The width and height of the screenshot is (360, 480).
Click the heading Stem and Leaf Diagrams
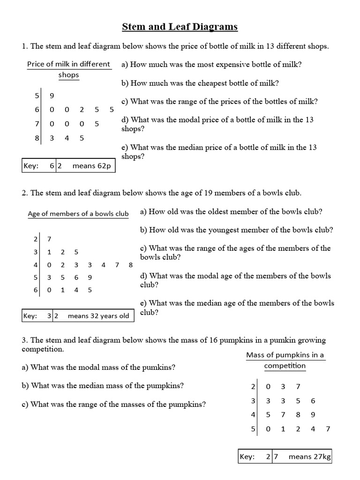pyautogui.click(x=180, y=27)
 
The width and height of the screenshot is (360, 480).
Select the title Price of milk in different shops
pyautogui.click(x=68, y=69)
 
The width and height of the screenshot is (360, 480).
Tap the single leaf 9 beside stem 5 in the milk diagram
pyautogui.click(x=52, y=96)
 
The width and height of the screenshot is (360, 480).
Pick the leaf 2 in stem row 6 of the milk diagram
pyautogui.click(x=82, y=110)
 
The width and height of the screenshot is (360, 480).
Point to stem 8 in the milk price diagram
pyautogui.click(x=37, y=138)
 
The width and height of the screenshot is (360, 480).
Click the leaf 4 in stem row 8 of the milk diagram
pyautogui.click(x=67, y=138)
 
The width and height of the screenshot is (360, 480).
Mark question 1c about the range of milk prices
pyautogui.click(x=219, y=101)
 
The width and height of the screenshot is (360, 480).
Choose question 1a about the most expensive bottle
pyautogui.click(x=211, y=65)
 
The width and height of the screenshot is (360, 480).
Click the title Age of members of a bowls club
pyautogui.click(x=78, y=214)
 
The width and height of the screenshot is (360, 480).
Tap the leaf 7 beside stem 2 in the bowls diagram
pyautogui.click(x=50, y=239)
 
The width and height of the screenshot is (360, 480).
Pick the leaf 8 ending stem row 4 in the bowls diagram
pyautogui.click(x=130, y=265)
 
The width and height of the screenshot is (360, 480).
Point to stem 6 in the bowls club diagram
pyautogui.click(x=36, y=290)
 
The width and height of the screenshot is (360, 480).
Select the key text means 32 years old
pyautogui.click(x=98, y=315)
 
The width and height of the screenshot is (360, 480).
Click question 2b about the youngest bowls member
pyautogui.click(x=237, y=230)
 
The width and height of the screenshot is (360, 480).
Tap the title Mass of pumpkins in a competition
pyautogui.click(x=285, y=360)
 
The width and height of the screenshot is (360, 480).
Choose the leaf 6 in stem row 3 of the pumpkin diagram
pyautogui.click(x=313, y=401)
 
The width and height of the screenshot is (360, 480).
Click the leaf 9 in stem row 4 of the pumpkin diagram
pyautogui.click(x=313, y=415)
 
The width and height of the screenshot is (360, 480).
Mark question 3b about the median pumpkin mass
pyautogui.click(x=103, y=386)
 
